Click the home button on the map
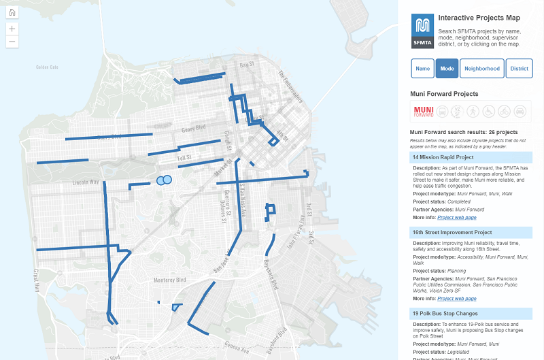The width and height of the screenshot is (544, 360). [x=12, y=13]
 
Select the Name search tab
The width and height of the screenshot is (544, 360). [x=423, y=69]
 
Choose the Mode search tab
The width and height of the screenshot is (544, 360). [x=447, y=69]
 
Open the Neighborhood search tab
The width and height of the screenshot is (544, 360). [x=483, y=69]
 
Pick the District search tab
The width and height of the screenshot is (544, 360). [x=520, y=69]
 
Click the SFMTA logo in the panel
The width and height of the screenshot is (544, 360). [x=422, y=31]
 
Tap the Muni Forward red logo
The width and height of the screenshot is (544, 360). [x=424, y=111]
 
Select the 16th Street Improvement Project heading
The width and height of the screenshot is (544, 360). [x=451, y=232]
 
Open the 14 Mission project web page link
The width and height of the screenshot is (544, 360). [x=457, y=218]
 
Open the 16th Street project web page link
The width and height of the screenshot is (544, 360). [x=457, y=299]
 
